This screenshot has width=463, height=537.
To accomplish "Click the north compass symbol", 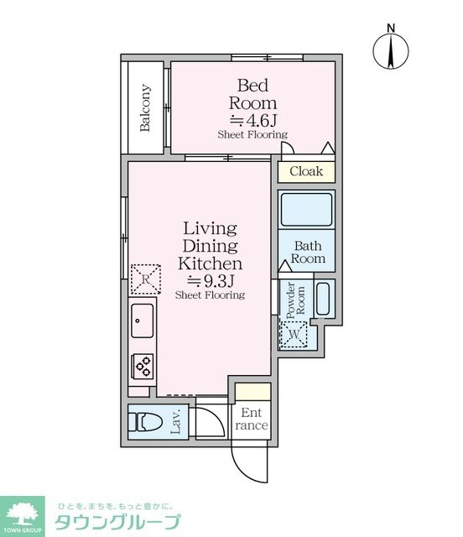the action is coord(391,50).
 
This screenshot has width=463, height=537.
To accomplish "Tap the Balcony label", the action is coord(145,107).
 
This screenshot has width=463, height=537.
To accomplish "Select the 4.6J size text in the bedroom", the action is coord(253,120).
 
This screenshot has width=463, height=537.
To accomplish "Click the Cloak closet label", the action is coord(306,171).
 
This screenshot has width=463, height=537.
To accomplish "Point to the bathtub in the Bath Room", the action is coord(306,210).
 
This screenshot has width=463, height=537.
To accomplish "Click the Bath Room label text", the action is coord(308,252).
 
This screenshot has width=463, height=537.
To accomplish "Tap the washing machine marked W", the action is coord(294,334).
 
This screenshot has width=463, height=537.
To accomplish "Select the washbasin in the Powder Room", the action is coord(323,299).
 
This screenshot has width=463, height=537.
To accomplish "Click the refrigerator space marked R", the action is coord(146,279).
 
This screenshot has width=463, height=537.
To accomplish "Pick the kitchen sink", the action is coord(142,321).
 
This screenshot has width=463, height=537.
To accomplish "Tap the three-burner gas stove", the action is coord(143,366).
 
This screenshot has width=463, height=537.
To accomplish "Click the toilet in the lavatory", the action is coord(145,422).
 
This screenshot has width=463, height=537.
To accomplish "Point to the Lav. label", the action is coord(175,422).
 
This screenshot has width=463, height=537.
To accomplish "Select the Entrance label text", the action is coord(252,419).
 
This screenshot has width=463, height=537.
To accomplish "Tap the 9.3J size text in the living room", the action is coord(211,281).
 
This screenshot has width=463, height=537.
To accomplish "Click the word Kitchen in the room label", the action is coord(211,263).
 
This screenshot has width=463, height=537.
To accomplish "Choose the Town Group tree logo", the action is coord(23,517).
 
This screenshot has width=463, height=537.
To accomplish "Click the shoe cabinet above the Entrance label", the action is coord(253,392).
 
